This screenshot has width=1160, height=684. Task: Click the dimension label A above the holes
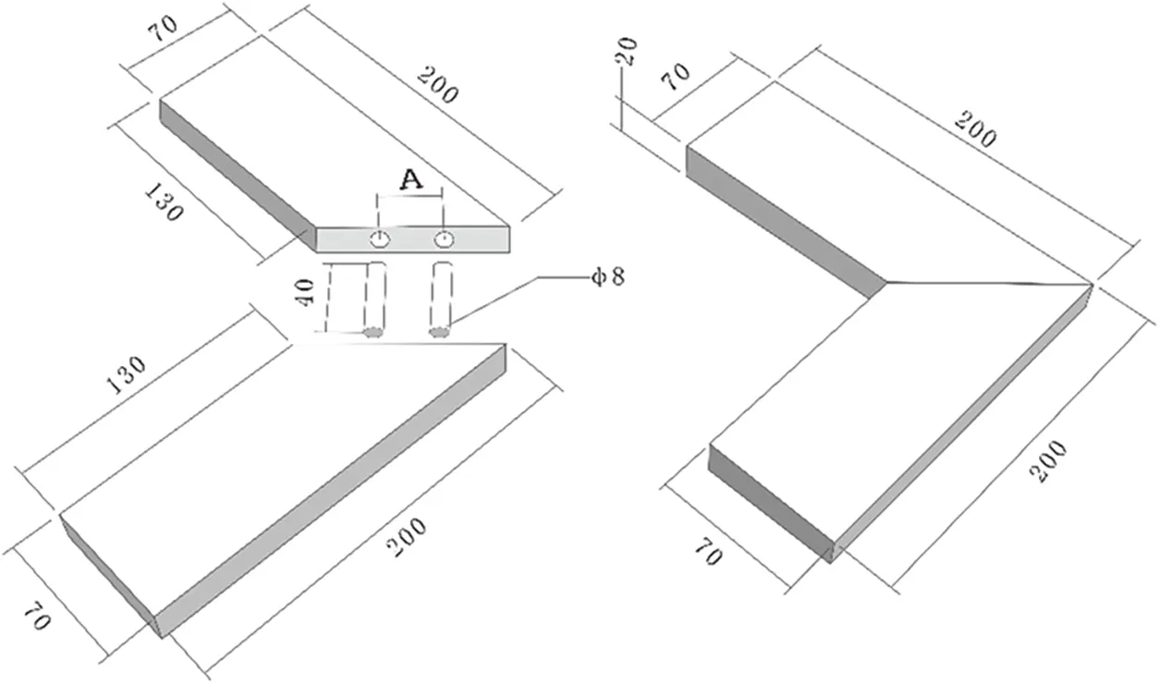[410, 181]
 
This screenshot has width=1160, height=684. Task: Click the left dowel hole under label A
[379, 240]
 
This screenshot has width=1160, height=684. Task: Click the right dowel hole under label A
[445, 240]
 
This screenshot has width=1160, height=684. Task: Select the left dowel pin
[374, 300]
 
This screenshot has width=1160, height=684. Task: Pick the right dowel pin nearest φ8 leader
[441, 300]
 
